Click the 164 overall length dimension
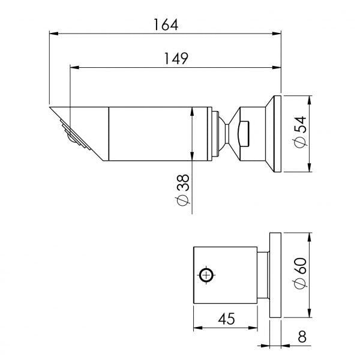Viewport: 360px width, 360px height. [166, 25]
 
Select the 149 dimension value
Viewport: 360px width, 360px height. [176, 58]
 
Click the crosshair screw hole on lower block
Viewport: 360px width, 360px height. [206, 275]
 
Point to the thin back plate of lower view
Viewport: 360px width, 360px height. [275, 275]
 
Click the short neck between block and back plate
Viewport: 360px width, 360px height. [263, 275]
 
